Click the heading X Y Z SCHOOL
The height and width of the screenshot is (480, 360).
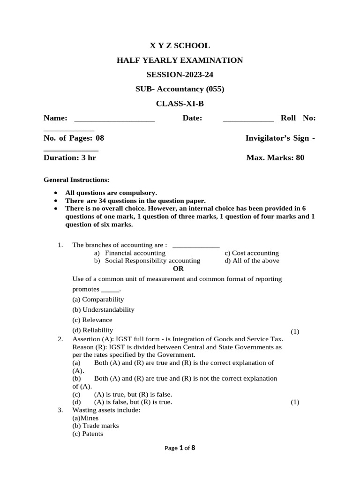(x=180, y=45)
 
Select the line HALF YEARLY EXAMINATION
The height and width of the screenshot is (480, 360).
(x=180, y=60)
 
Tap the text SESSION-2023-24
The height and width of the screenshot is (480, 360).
(x=180, y=75)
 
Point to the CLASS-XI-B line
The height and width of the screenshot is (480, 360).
(x=180, y=104)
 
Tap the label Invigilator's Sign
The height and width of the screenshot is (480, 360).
(x=277, y=138)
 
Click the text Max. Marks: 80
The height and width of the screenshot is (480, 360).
(x=275, y=157)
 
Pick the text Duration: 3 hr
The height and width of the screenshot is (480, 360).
(x=70, y=157)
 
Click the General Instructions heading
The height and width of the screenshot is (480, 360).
(x=76, y=180)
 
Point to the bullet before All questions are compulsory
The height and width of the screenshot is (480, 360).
(x=56, y=193)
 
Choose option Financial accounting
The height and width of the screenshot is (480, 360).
(x=135, y=253)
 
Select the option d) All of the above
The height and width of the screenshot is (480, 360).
(x=252, y=261)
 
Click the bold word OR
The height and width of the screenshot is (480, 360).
(x=178, y=269)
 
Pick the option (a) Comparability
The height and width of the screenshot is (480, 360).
(x=98, y=299)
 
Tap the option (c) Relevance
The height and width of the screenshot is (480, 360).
(x=92, y=320)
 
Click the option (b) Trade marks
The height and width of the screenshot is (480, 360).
(x=96, y=426)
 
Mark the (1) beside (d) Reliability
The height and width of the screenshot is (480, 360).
(x=294, y=331)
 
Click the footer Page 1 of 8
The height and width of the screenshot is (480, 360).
(x=180, y=448)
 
